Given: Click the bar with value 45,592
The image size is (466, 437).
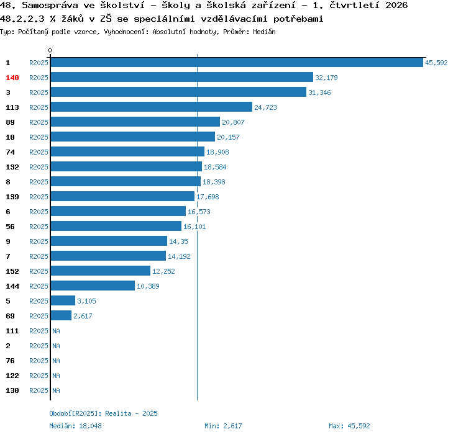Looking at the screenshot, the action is pyautogui.click(x=237, y=62).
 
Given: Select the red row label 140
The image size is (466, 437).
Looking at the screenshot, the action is pyautogui.click(x=12, y=78).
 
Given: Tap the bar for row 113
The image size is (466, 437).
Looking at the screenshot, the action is pyautogui.click(x=152, y=107).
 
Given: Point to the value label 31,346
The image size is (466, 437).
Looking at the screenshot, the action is pyautogui.click(x=319, y=92).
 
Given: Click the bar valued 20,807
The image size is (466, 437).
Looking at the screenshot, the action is pyautogui.click(x=135, y=122).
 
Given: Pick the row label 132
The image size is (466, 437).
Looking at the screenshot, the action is pyautogui.click(x=12, y=167).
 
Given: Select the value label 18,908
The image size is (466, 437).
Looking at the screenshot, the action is pyautogui.click(x=217, y=152).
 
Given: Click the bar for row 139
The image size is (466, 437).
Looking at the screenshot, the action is pyautogui.click(x=122, y=196).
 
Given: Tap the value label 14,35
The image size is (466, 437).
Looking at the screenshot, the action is pyautogui.click(x=178, y=241).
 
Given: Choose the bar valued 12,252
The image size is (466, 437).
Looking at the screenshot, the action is pyautogui.click(x=101, y=271).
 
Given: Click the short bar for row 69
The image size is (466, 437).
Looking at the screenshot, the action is pyautogui.click(x=61, y=315).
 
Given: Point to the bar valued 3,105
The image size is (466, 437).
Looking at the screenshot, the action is pyautogui.click(x=63, y=300).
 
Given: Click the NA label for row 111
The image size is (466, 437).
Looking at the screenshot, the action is pyautogui.click(x=56, y=331).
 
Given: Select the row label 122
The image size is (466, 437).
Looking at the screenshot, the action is pyautogui.click(x=12, y=376).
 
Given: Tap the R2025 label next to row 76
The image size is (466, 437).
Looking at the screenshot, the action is pyautogui.click(x=39, y=361).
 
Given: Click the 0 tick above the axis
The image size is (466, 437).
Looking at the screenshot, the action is pyautogui.click(x=50, y=50).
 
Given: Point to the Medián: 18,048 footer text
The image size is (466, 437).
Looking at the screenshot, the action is pyautogui.click(x=75, y=426).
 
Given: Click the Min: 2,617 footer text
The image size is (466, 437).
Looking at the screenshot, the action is pyautogui.click(x=223, y=426).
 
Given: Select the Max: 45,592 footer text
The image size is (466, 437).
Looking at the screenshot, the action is pyautogui.click(x=349, y=426).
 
